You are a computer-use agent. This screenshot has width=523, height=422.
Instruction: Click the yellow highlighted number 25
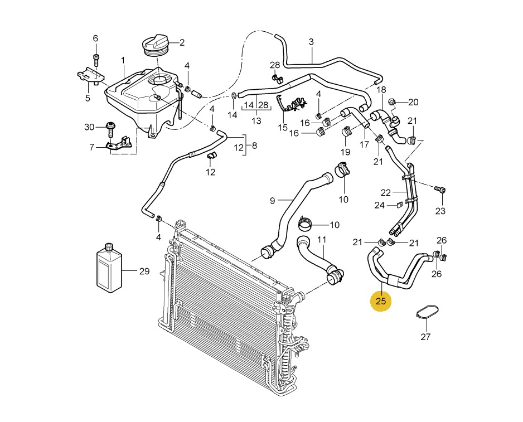[x=381, y=301]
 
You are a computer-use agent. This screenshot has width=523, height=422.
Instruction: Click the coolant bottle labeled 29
[x=109, y=269]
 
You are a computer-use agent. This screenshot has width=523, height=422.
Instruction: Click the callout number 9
[x=273, y=201]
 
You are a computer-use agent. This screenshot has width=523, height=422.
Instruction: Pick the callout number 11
[x=322, y=240]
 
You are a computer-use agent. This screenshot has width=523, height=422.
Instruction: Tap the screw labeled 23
[x=440, y=190]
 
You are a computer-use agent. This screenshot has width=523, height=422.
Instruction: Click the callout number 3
[x=311, y=42]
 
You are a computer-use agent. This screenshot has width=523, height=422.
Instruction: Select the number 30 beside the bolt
[x=89, y=127]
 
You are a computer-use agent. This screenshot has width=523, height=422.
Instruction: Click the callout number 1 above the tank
[x=123, y=61]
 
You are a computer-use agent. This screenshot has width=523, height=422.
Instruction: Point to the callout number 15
[x=283, y=128]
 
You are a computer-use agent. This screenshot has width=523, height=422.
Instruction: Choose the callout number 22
[x=386, y=193]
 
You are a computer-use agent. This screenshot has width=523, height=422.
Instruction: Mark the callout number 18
[x=381, y=90]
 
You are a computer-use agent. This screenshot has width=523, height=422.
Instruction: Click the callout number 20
[x=413, y=102]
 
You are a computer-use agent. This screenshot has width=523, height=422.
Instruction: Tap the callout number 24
[x=379, y=205]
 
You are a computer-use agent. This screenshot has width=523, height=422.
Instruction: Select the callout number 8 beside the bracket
[x=254, y=145]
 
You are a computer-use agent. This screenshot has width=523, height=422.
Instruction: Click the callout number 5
[x=88, y=98]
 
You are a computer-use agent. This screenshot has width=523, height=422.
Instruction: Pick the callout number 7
[x=92, y=147]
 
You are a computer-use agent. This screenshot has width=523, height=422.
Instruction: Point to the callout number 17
[x=364, y=144]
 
